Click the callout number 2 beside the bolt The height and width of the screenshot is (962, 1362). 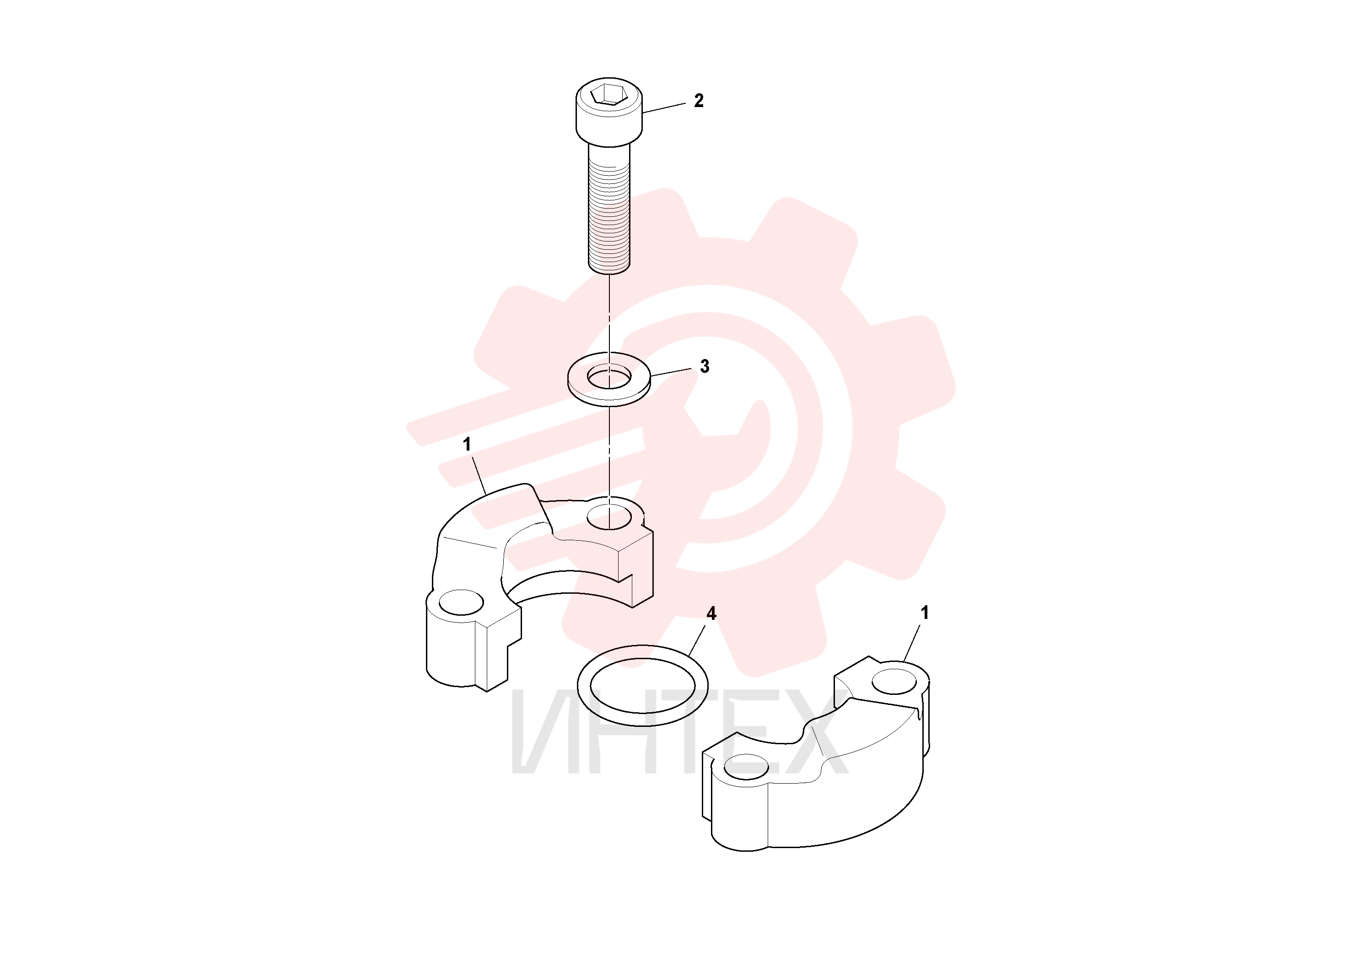(699, 101)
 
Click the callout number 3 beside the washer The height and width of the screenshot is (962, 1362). (705, 366)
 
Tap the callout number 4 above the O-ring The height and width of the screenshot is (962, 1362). (711, 613)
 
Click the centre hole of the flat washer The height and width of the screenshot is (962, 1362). (609, 376)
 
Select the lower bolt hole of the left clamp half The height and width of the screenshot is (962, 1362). (461, 602)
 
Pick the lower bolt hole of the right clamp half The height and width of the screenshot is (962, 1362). (746, 767)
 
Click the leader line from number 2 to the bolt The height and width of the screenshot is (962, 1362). (664, 107)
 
